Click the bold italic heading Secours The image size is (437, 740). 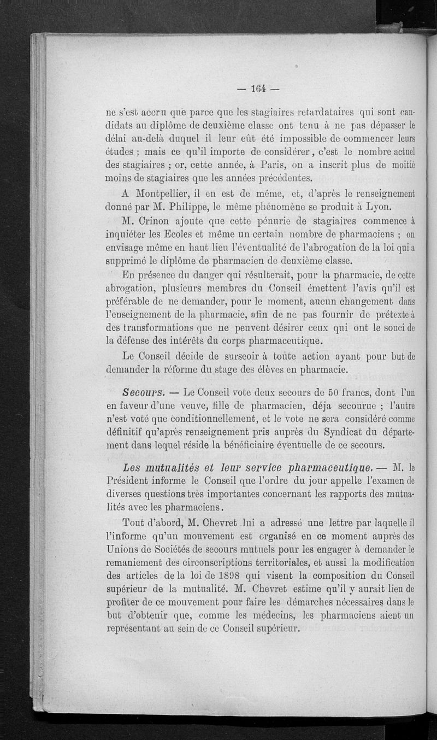tap(144, 392)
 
